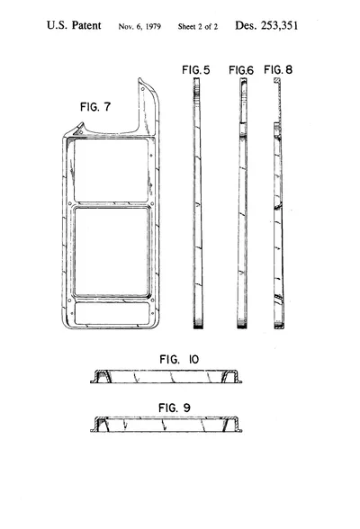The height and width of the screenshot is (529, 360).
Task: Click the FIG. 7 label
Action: coord(95,106)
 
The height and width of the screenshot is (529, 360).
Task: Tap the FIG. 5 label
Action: coord(195,70)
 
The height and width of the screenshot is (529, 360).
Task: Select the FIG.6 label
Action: coord(241,70)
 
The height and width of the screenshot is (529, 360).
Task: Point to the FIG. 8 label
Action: coord(278,69)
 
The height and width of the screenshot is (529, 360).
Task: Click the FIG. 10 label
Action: coord(179,359)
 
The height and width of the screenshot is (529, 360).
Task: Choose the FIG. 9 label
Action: coord(175,408)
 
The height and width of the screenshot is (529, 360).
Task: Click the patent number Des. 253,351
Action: coord(266,25)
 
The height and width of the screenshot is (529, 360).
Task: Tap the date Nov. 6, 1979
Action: coord(139,27)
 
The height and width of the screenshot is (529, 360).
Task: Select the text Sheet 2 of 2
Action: coord(198,27)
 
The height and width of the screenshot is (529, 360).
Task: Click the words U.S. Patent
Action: coord(74,25)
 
